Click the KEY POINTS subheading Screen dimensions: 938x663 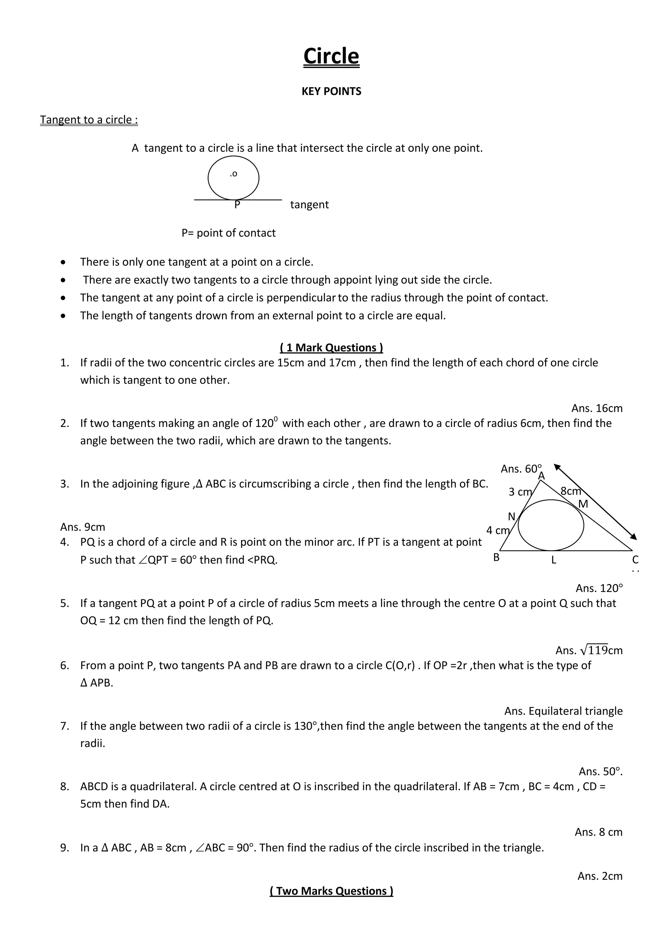pos(331,91)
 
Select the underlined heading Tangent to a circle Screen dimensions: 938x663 pos(89,120)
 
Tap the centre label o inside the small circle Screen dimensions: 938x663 pos(234,174)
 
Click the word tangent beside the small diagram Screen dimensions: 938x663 pos(309,205)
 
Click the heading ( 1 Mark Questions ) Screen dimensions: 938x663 pos(331,348)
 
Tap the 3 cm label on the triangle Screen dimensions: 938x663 pos(520,492)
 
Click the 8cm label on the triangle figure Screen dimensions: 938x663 pos(570,491)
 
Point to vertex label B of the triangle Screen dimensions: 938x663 pos(496,557)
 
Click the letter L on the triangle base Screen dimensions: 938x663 pos(554,560)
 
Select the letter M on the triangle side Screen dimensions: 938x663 pos(583,504)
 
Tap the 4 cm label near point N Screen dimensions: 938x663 pos(497,531)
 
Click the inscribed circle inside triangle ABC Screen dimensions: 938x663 pos(551,525)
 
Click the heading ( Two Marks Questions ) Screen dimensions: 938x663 pos(331,891)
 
